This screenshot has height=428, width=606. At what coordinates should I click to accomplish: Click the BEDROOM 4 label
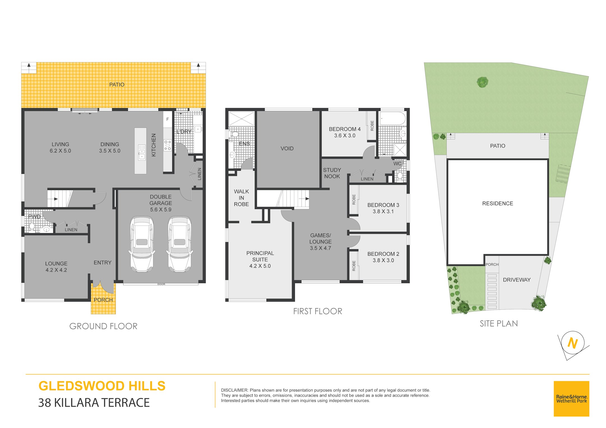[345, 129]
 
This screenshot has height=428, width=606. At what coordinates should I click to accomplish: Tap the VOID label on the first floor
[287, 149]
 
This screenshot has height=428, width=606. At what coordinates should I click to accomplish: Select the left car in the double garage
[142, 244]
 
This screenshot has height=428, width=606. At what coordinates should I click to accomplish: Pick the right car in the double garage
[180, 244]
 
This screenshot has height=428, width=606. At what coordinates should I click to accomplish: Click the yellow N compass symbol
[573, 343]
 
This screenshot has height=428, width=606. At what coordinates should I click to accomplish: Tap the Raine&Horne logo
[571, 399]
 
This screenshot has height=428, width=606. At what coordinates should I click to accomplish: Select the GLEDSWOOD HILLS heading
[102, 386]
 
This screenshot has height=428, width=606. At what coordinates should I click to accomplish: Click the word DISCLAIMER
[235, 390]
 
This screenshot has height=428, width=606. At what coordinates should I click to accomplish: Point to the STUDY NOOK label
[332, 173]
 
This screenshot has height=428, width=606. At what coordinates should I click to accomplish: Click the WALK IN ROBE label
[241, 198]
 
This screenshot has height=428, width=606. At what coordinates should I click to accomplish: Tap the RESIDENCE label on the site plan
[497, 203]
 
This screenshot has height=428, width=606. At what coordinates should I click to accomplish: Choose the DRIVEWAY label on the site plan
[517, 280]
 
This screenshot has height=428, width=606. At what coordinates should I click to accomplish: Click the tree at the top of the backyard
[482, 82]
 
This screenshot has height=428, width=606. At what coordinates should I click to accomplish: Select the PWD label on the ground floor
[34, 217]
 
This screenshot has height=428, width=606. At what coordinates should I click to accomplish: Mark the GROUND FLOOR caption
[103, 326]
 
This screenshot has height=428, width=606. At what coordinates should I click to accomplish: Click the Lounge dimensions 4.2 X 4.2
[56, 270]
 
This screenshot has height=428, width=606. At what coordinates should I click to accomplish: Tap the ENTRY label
[102, 263]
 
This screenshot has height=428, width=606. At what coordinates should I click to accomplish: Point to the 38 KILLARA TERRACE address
[94, 403]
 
